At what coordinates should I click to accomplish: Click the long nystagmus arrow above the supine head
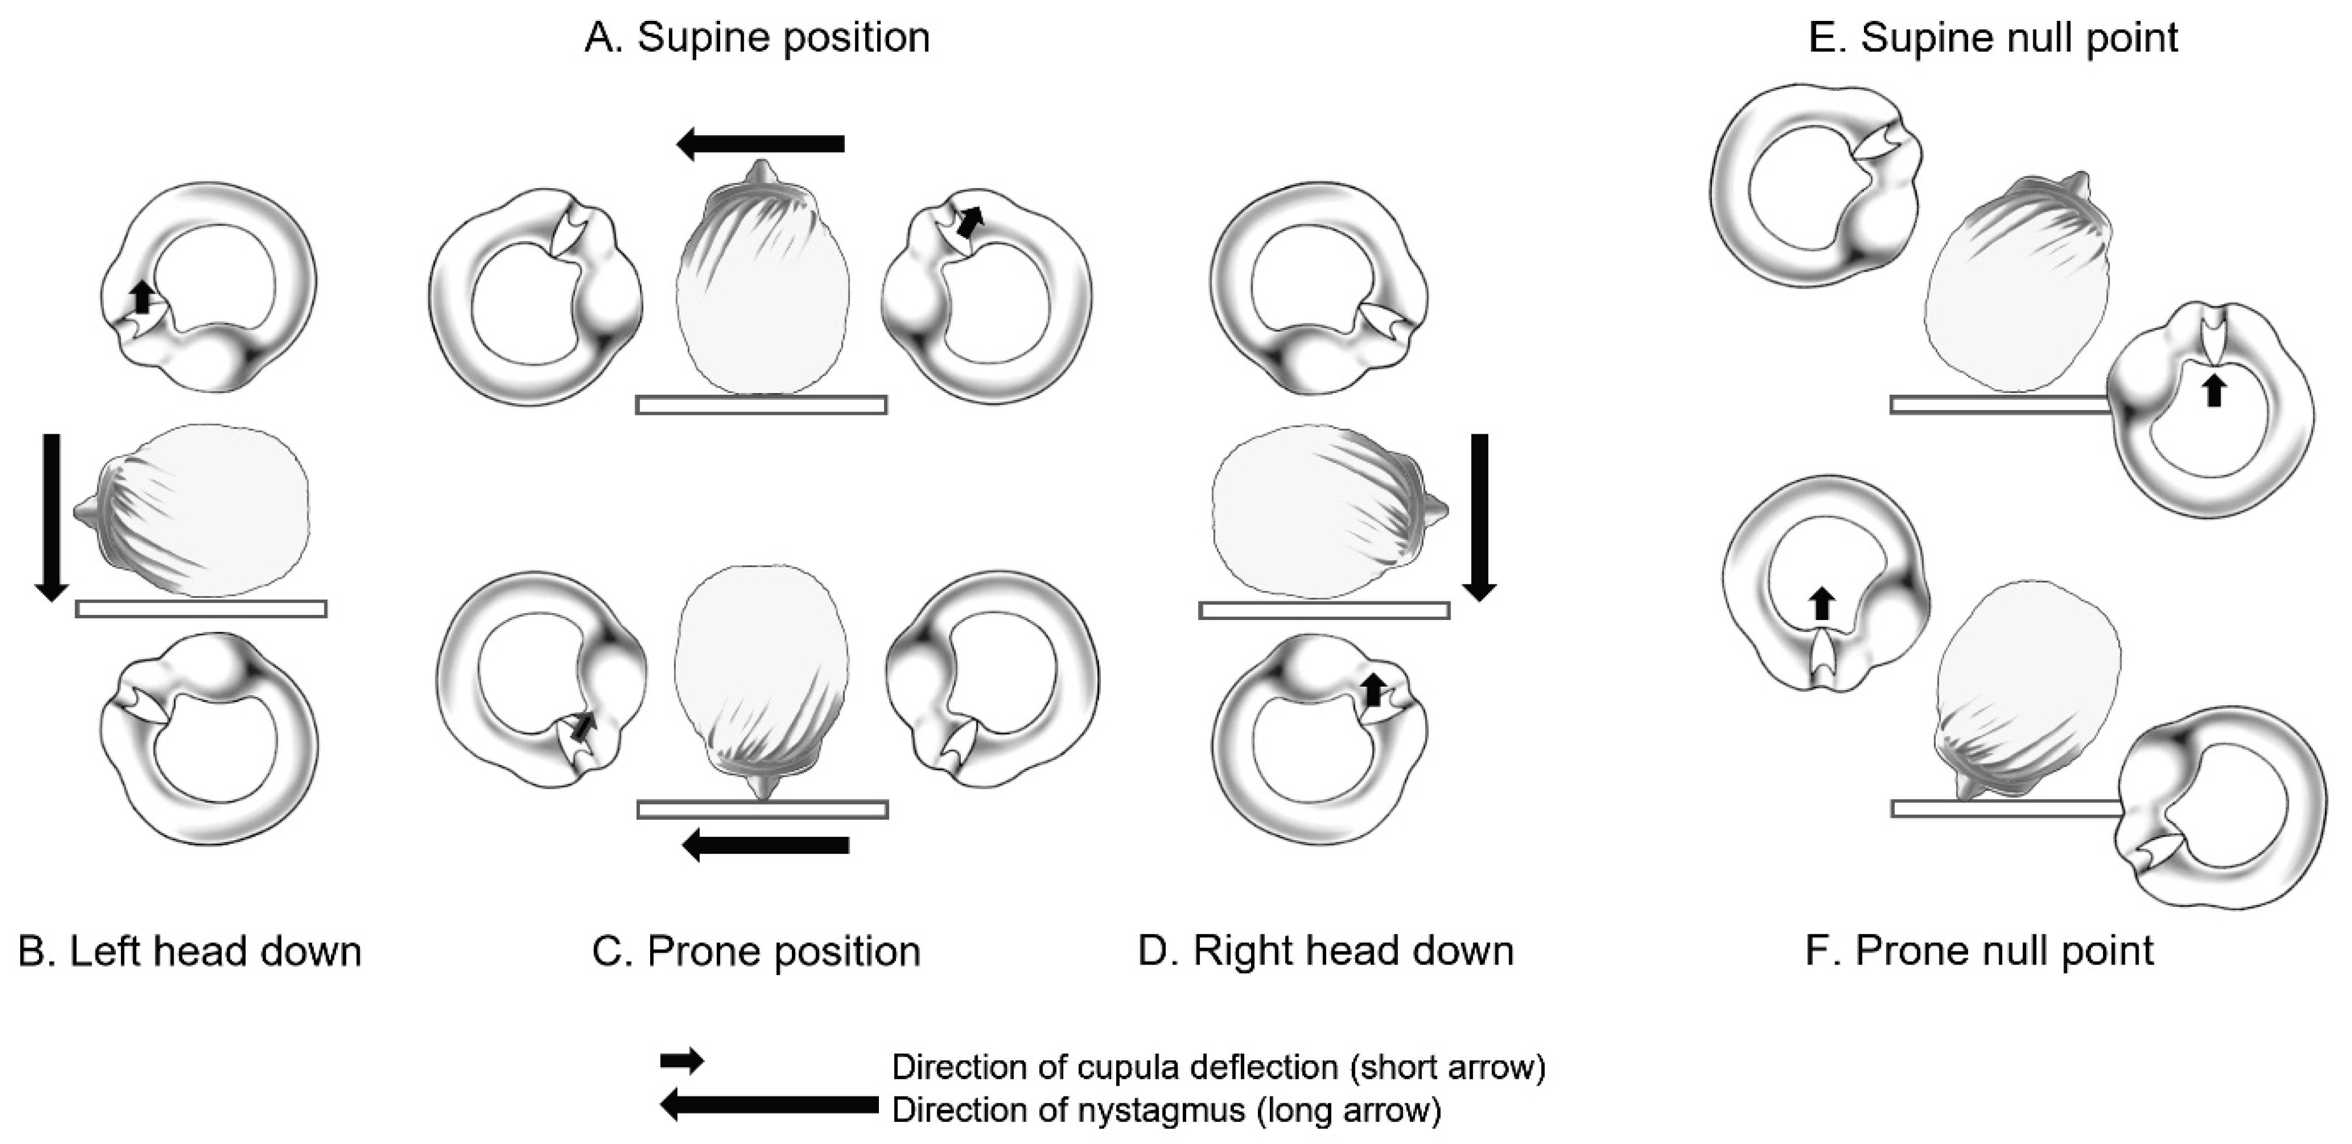coord(761,143)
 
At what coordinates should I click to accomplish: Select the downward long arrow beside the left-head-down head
coord(51,517)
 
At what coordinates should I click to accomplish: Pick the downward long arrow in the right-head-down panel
coord(1479,517)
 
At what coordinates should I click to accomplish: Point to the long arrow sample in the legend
coord(769,1104)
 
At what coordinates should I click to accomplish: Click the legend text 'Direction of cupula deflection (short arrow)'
coord(1218,1067)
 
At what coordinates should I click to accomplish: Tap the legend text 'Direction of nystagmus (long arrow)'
coord(1166,1110)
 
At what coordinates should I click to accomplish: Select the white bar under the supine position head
coord(761,404)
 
